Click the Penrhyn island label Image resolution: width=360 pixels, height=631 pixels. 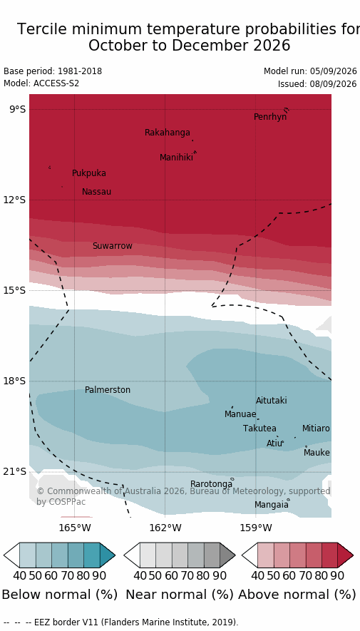point(270,117)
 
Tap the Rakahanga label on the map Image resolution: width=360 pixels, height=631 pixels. point(168,133)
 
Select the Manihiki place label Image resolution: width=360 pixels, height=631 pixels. point(176,158)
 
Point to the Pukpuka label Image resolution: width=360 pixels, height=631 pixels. point(89,173)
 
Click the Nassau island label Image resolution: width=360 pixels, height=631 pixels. point(96,192)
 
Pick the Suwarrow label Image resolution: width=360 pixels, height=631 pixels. point(113,246)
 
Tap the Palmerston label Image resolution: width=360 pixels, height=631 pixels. point(108,390)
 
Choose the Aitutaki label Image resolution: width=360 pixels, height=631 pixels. point(272,401)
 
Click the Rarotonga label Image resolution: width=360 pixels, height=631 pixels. point(211,483)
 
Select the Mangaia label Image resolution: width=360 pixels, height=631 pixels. point(271,505)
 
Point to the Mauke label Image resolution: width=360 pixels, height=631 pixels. point(317,453)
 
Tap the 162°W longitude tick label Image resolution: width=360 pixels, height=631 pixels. point(165,528)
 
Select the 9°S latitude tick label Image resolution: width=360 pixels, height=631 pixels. point(17,110)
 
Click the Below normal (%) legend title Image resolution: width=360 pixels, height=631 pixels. point(60,595)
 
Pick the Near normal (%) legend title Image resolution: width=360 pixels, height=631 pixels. point(180,595)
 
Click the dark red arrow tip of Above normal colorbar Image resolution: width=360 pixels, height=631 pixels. point(353,555)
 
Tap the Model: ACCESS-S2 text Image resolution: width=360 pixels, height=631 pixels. point(41,83)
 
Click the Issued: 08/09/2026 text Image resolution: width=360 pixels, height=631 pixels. point(317,84)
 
